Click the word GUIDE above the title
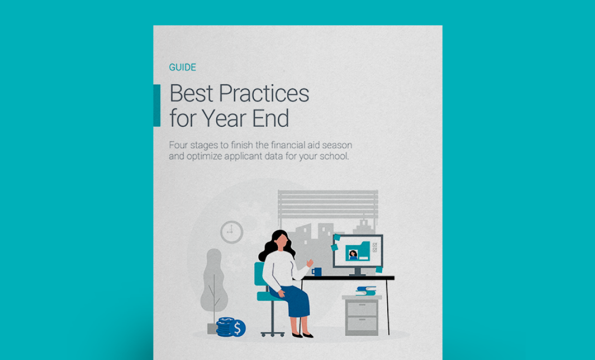183,67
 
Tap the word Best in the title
191,93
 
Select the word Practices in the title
264,93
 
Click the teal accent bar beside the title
157,105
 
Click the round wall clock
231,232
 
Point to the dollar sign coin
237,328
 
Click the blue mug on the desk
317,272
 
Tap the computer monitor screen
358,251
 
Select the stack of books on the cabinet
366,291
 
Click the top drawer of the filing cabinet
362,308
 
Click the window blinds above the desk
328,204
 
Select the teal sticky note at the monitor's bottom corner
379,269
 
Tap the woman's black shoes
302,335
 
